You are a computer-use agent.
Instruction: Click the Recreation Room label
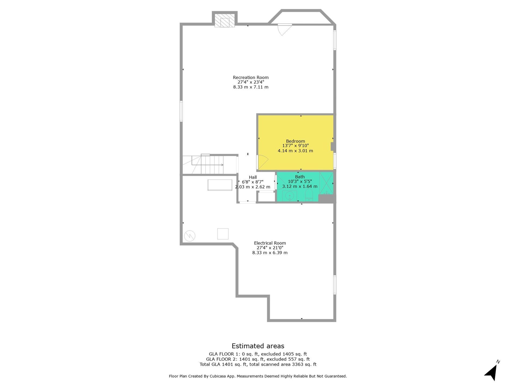[251, 77]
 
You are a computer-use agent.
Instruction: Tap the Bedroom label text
[295, 141]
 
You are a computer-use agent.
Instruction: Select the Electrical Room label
[270, 243]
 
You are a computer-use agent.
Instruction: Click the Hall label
[253, 177]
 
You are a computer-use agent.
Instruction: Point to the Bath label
[300, 177]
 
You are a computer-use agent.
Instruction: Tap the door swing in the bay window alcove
[285, 30]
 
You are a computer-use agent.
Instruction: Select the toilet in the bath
[309, 195]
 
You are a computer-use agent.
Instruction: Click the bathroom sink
[289, 195]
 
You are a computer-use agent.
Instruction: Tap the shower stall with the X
[326, 183]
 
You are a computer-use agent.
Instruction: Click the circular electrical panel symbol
[190, 236]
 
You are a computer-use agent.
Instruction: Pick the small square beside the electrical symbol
[223, 234]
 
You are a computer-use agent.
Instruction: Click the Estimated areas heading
[258, 346]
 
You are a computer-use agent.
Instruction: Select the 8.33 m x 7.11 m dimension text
[251, 87]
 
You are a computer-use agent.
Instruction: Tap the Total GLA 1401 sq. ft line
[258, 364]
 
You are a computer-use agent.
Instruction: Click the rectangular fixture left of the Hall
[220, 185]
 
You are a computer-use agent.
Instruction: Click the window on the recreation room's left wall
[181, 111]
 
